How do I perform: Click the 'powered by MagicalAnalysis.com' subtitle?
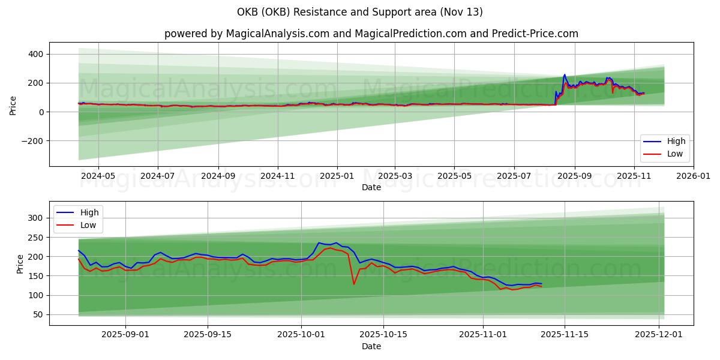pos(371,34)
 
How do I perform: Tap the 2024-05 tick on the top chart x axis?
pos(98,176)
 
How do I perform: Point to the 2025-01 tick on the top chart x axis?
pos(337,176)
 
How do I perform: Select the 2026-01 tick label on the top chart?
pos(694,176)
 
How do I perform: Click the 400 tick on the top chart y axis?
pos(35,54)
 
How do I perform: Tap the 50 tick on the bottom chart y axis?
pos(38,314)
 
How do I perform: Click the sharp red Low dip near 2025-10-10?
pos(354,284)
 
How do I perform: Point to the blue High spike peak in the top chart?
pos(564,75)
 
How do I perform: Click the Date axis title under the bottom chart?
pos(371,347)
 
